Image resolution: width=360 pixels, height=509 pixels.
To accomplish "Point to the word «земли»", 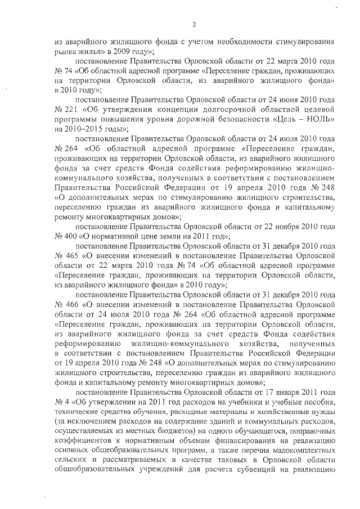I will pos(162,236).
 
